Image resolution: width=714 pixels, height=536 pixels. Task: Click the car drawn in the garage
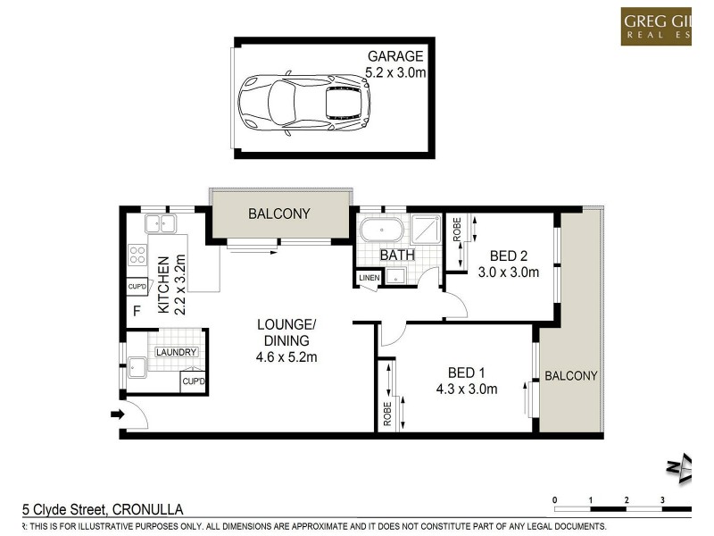(304, 99)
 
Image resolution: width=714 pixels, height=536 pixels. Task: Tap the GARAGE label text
(395, 56)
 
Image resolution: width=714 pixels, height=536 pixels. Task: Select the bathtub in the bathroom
(381, 231)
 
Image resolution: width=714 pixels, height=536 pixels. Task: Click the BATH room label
(396, 255)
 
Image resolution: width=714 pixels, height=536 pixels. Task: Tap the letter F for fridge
(137, 312)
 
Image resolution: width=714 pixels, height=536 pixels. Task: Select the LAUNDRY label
(176, 352)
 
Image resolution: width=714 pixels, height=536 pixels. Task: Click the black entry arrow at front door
(116, 414)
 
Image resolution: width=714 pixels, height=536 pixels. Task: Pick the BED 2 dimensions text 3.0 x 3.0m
(509, 272)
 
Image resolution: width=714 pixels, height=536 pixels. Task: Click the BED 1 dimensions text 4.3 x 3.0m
(467, 389)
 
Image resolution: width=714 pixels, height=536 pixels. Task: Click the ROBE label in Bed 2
(456, 231)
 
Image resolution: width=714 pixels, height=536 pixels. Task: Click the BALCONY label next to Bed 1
(571, 375)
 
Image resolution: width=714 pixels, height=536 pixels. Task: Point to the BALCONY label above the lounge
(279, 214)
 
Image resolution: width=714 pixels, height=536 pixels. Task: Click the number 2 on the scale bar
(627, 499)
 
